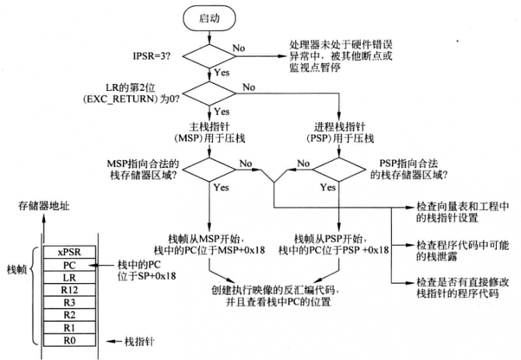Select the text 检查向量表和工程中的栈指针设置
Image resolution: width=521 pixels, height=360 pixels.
click(x=462, y=214)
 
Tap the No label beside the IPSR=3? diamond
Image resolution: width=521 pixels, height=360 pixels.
click(x=241, y=48)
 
